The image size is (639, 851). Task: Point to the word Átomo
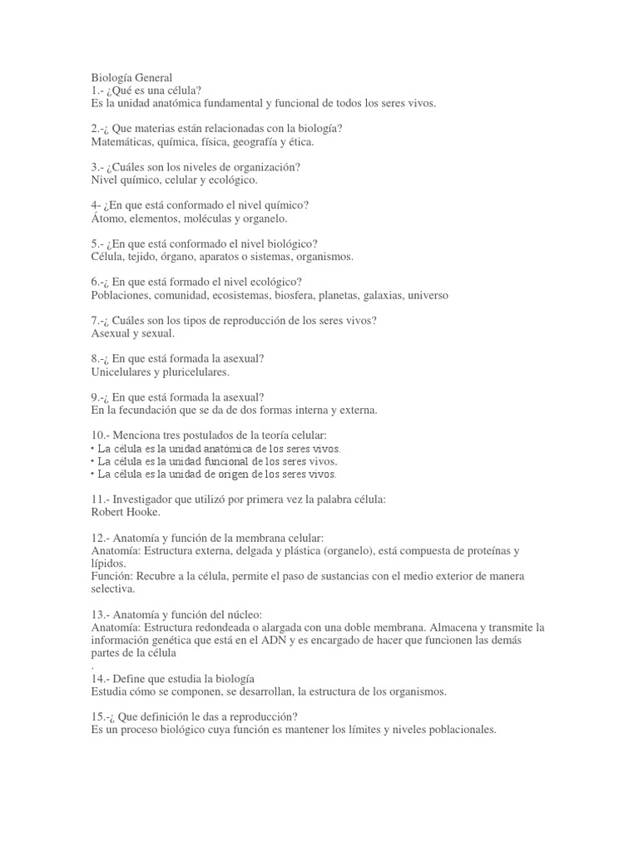click(x=107, y=219)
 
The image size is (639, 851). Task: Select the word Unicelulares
click(x=124, y=371)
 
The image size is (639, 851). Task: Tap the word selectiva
click(x=112, y=589)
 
